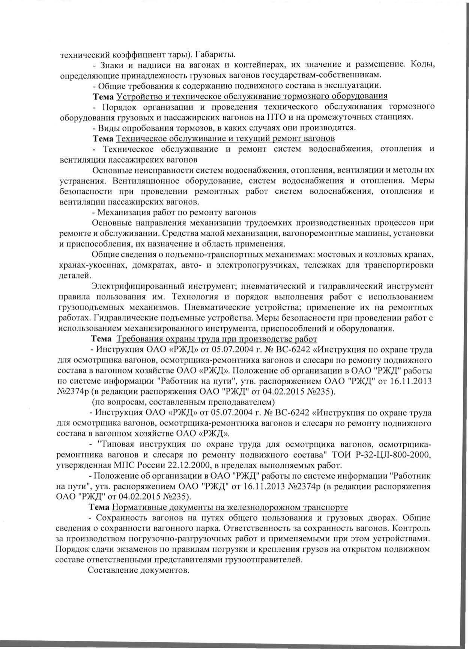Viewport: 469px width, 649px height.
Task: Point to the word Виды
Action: [x=105, y=127]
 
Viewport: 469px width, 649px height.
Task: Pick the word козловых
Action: [x=386, y=254]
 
